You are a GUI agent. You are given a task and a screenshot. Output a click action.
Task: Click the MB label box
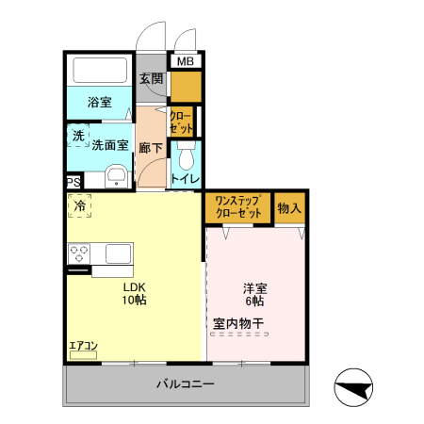coord(186,62)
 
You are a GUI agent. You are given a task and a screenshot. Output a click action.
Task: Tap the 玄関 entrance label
coord(152,79)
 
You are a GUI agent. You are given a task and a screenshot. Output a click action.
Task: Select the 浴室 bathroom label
coord(100,102)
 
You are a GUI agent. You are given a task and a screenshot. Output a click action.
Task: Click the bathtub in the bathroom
coord(99,72)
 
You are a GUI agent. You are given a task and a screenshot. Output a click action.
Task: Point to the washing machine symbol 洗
coord(78,136)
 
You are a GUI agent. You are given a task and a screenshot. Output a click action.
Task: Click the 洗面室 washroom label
coord(109,146)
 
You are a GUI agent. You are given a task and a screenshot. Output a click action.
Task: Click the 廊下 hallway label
coord(150,149)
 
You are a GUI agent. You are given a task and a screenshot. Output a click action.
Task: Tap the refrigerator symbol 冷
coord(79,205)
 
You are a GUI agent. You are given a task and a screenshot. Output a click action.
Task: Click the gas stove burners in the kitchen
coord(78,253)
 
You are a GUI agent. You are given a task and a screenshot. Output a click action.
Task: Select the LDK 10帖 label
coord(133,293)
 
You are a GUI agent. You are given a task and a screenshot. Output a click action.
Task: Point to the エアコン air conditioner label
coord(83,346)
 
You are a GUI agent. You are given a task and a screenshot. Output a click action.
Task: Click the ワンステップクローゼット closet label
coord(237,207)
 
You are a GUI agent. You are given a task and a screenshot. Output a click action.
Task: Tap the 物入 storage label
coord(288,208)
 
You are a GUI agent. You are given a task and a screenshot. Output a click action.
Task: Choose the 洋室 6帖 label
coord(254,294)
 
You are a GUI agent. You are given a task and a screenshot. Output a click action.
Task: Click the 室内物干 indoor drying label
coord(237,324)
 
